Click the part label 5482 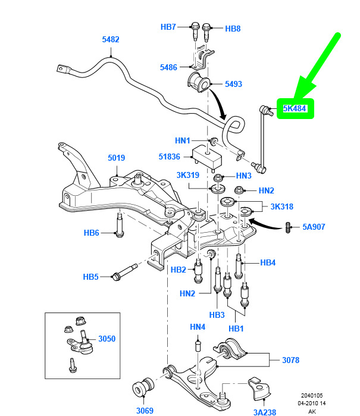(111, 40)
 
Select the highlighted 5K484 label (295, 109)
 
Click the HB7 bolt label (168, 27)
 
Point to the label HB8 (233, 29)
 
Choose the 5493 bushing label (233, 85)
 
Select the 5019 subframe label (116, 158)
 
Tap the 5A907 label (314, 227)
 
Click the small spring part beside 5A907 (289, 227)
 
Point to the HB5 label (90, 277)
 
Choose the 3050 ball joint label (107, 339)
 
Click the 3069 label (145, 409)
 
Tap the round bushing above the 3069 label (145, 386)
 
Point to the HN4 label (198, 327)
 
